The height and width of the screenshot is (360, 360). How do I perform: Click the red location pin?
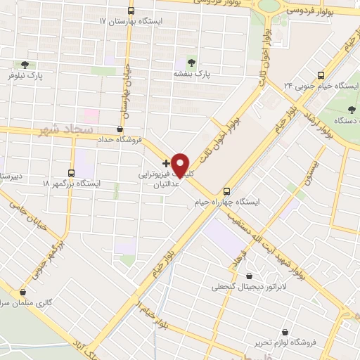pyautogui.click(x=181, y=165)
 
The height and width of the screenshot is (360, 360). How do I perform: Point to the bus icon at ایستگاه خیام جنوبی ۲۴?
pyautogui.click(x=321, y=75)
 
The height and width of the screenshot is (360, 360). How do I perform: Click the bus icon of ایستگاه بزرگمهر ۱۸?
pyautogui.click(x=70, y=172)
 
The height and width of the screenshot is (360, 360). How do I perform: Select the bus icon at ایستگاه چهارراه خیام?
pyautogui.click(x=226, y=191)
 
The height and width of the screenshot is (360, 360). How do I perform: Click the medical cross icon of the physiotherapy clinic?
pyautogui.click(x=166, y=162)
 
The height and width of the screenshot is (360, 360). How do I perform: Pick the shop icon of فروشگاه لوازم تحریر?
pyautogui.click(x=285, y=331)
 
